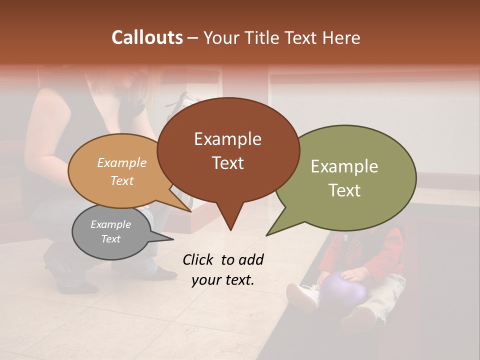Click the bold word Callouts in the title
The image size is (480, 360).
[x=147, y=37]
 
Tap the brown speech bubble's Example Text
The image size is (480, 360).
[x=227, y=151]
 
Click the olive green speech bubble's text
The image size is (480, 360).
[x=344, y=178]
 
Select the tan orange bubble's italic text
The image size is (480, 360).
[x=122, y=171]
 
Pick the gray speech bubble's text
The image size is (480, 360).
[x=110, y=231]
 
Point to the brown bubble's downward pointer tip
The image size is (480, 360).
[x=230, y=229]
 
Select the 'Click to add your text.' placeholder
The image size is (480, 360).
[x=222, y=269]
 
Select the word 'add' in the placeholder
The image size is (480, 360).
[x=250, y=259]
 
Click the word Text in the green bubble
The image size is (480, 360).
[x=344, y=190]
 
